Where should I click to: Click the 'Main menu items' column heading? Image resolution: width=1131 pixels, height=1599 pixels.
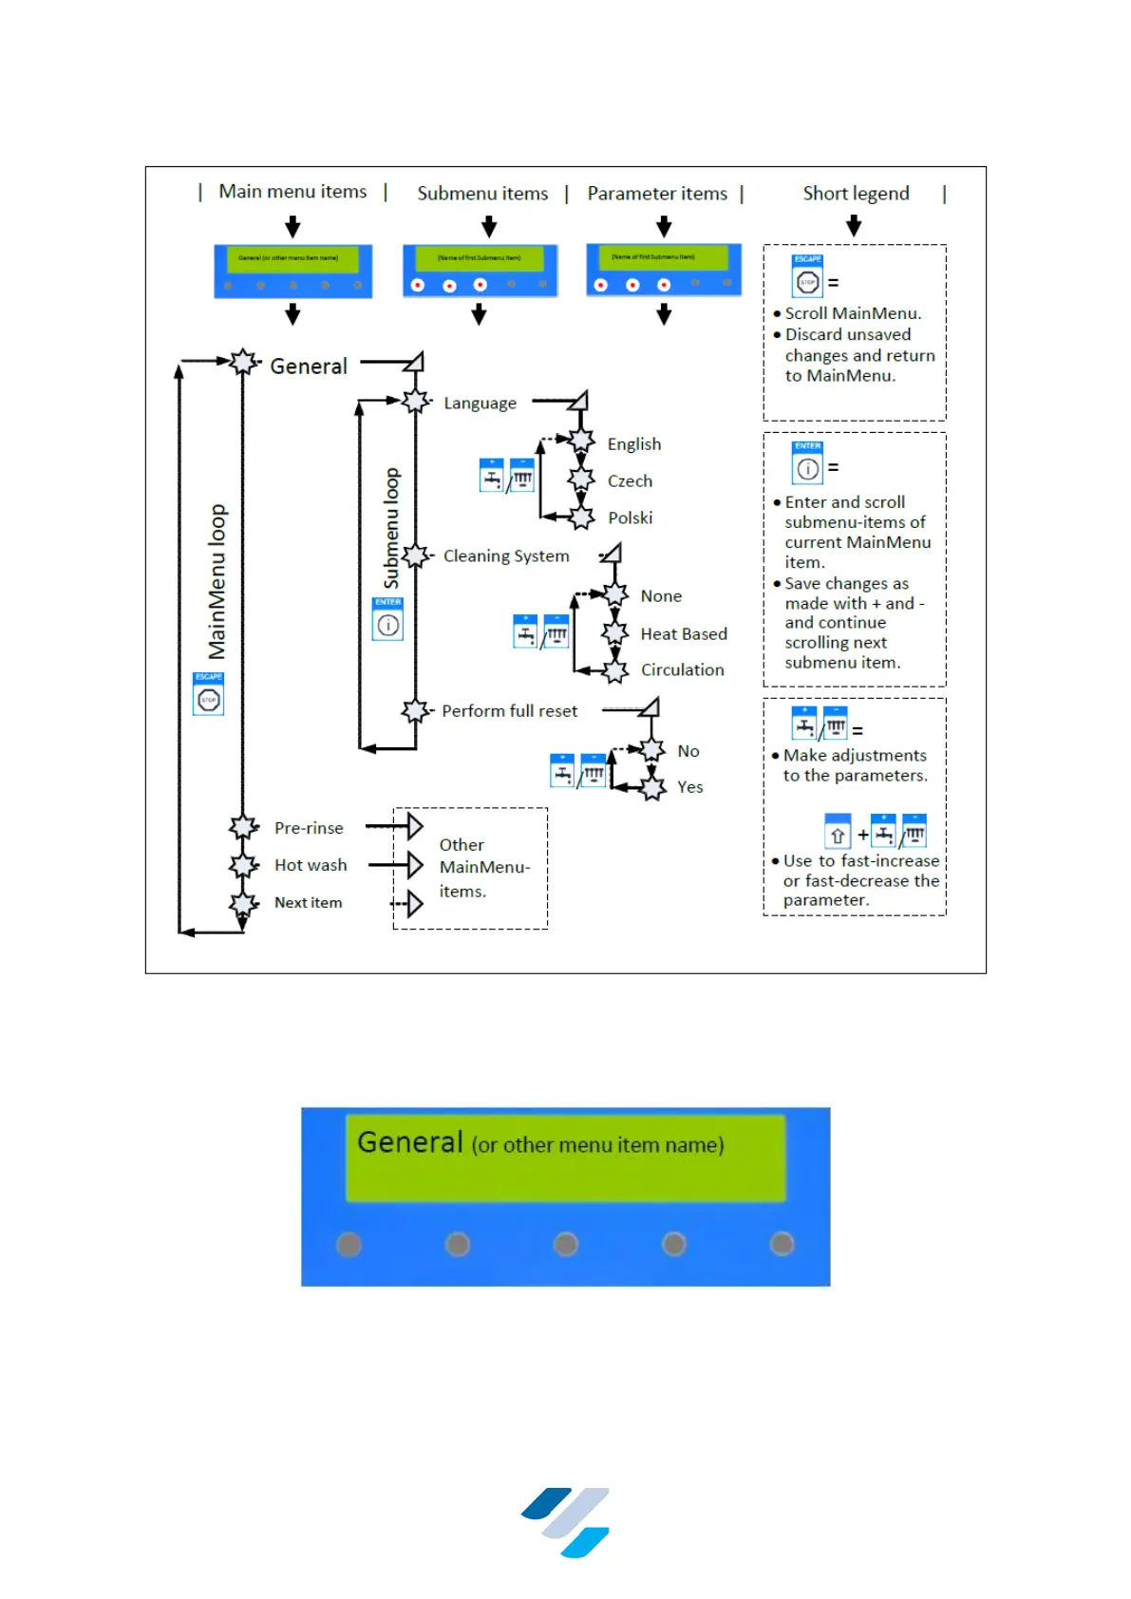(292, 192)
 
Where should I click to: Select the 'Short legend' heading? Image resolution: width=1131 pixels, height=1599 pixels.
(856, 194)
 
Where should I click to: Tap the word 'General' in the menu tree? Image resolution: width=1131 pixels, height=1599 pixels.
(309, 367)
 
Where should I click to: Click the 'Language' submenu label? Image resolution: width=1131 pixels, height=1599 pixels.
(480, 404)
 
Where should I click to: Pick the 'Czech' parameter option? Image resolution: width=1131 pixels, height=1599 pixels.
(630, 481)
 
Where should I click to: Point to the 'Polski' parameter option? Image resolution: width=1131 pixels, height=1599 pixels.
(630, 518)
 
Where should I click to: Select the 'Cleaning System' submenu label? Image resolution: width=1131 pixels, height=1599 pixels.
(506, 556)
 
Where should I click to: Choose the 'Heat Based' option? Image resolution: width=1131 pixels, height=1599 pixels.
(684, 634)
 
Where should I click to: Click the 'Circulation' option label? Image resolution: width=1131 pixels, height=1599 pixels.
(682, 670)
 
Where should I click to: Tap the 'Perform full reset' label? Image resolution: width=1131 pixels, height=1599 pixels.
(509, 711)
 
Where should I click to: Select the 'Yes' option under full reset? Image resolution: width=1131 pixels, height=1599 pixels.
(689, 787)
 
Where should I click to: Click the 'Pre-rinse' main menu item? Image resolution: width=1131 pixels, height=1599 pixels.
(309, 828)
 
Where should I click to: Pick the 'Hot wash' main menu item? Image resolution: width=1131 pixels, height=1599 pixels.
(311, 865)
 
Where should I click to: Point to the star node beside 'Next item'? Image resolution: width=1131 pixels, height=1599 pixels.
(244, 903)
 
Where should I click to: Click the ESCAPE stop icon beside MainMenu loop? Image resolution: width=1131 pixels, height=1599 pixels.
(209, 700)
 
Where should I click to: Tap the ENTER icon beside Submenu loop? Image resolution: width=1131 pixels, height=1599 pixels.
(387, 624)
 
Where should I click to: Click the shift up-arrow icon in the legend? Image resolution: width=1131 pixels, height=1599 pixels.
(838, 835)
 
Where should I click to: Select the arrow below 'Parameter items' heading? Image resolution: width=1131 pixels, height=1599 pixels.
(664, 226)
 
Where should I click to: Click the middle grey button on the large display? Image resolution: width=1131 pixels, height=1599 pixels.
(566, 1244)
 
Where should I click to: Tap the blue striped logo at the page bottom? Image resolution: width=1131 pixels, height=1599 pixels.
(566, 1522)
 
